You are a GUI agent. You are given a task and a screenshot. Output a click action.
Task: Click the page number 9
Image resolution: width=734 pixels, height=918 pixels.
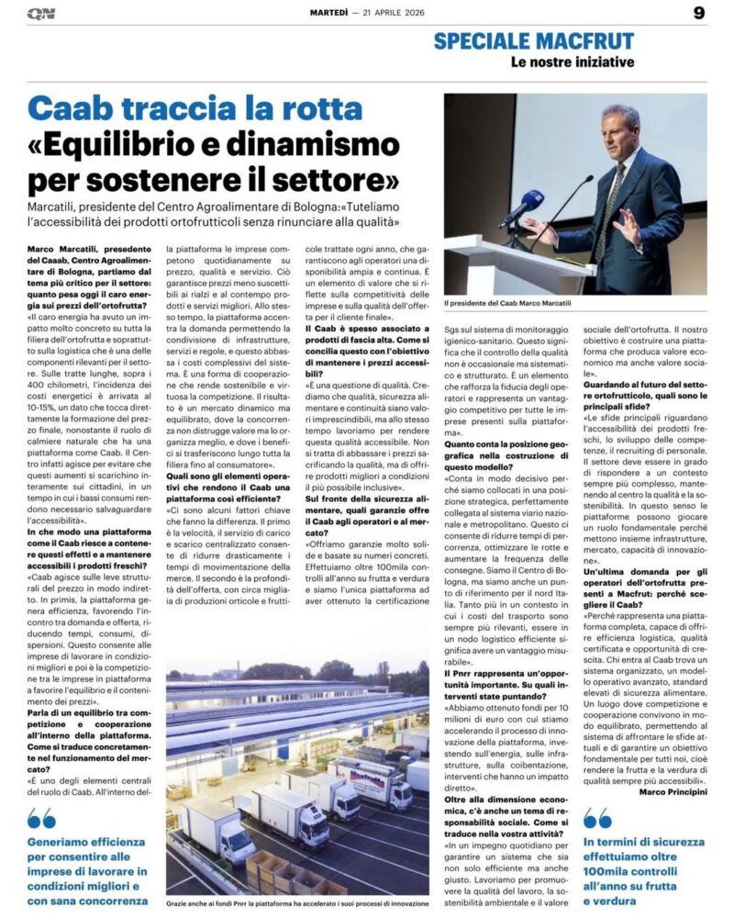click(x=699, y=12)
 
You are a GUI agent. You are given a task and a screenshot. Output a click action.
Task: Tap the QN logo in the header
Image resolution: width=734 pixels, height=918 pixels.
click(x=41, y=13)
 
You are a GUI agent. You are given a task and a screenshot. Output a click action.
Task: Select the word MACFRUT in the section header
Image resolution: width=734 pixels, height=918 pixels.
click(x=584, y=40)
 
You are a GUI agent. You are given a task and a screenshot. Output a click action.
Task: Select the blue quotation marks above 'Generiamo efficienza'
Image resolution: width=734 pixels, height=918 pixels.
click(x=41, y=819)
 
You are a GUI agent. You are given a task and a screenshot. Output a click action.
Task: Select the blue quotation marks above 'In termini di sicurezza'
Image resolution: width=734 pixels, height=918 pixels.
click(x=597, y=819)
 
